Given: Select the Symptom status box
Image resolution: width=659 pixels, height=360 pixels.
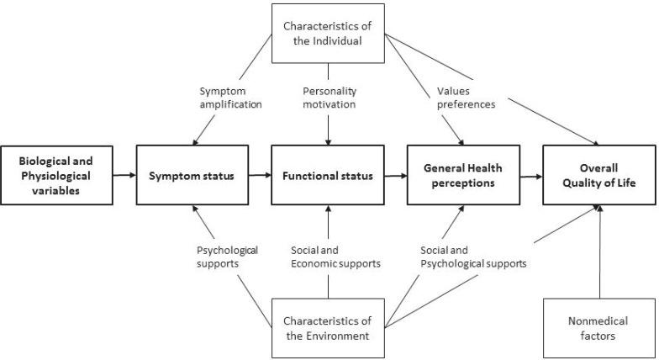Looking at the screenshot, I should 192,176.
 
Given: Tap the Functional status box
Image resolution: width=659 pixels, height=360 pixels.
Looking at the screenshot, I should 327,176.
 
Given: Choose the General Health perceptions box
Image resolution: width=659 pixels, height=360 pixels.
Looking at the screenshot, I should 462,176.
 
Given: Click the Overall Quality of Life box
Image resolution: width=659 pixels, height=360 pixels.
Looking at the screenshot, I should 599,176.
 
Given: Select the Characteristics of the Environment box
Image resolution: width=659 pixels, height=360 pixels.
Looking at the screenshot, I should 327,329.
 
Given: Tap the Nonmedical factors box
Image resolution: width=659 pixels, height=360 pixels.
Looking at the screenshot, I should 599,329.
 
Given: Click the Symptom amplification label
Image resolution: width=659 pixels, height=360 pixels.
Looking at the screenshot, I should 230,98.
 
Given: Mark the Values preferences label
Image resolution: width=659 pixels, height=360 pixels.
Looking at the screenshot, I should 464,98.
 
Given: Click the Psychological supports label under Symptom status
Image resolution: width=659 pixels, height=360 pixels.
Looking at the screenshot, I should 227,257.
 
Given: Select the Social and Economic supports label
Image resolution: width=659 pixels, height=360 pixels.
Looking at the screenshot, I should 335,257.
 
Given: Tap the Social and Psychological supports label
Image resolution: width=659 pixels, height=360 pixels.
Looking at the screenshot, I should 472,257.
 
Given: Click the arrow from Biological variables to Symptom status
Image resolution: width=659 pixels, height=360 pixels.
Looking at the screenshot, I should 123,176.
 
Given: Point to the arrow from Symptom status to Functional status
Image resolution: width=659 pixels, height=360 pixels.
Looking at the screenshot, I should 259,176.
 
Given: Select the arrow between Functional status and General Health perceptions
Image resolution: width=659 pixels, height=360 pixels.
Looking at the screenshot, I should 394,176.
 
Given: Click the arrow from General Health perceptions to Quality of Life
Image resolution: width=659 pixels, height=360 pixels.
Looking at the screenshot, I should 530,176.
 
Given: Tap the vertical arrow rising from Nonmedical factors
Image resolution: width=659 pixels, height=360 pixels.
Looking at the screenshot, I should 600,252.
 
